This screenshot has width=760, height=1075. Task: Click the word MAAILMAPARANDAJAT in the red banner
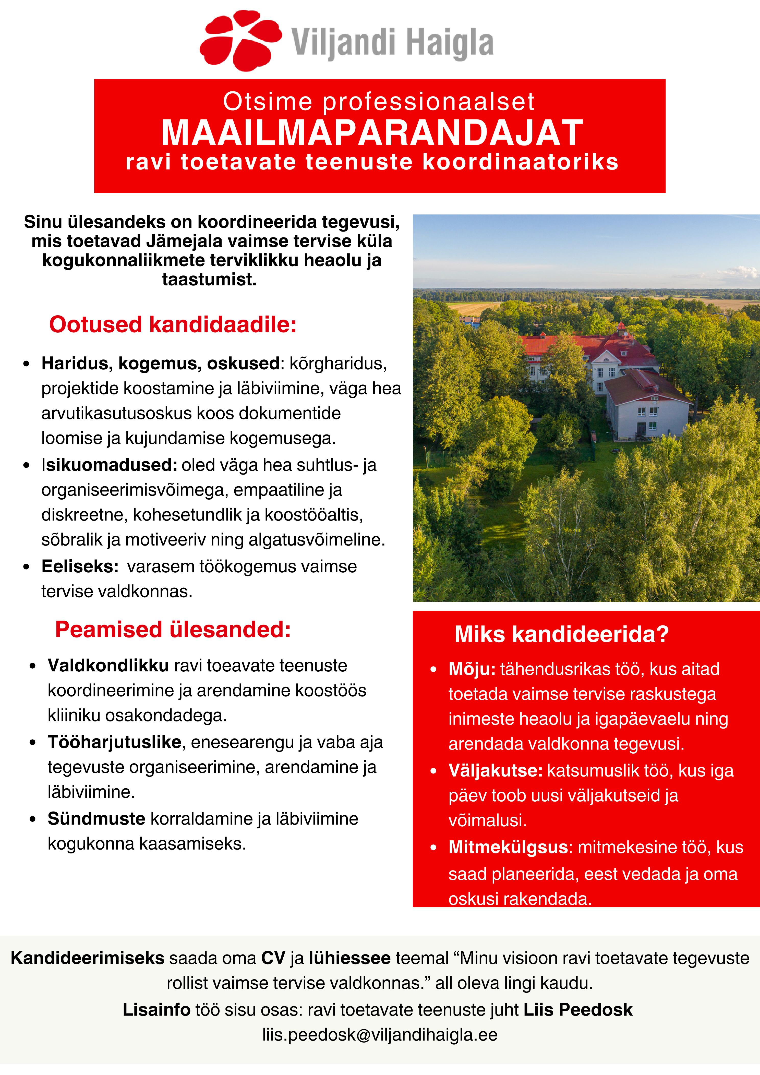(x=372, y=133)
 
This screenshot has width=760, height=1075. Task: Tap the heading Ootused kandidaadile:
(x=173, y=324)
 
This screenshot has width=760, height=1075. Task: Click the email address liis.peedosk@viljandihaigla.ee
(x=380, y=1034)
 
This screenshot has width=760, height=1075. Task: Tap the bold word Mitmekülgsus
(x=508, y=847)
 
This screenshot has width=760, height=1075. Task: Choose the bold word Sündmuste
(x=96, y=819)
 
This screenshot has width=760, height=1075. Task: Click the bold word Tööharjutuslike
(x=114, y=742)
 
